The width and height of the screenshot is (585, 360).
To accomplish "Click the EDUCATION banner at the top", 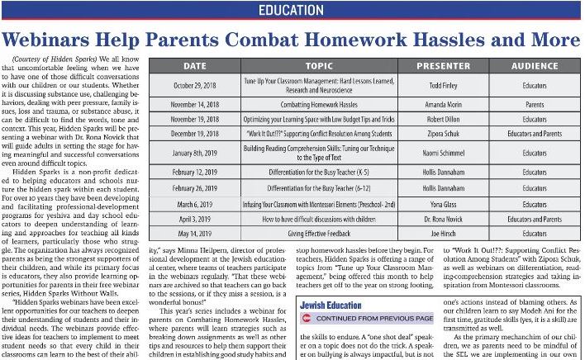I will tap(292, 11).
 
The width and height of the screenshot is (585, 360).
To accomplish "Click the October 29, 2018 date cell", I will tap(195, 84).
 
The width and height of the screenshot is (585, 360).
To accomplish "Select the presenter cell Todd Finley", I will tap(443, 84).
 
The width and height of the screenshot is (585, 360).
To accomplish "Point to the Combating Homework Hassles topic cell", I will tap(319, 106).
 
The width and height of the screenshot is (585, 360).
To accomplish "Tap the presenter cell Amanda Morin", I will tap(443, 106).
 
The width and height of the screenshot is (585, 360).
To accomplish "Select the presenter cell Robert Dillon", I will tap(443, 120).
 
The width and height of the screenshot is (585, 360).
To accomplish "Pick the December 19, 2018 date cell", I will tap(195, 134).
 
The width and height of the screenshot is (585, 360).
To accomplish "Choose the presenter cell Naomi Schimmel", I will tap(443, 153).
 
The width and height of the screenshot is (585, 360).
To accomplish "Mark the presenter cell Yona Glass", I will tap(443, 202).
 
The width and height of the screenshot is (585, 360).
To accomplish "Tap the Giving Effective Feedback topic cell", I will tap(319, 233).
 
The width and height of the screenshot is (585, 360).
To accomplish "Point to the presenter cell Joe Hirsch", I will tap(443, 233).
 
